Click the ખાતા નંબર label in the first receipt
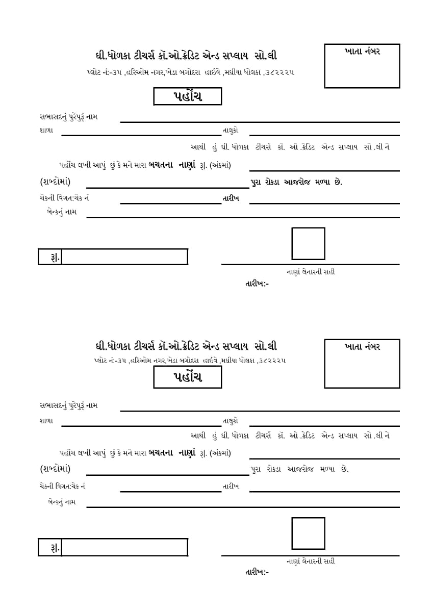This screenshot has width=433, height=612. [362, 51]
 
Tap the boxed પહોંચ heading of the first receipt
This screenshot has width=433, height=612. [188, 96]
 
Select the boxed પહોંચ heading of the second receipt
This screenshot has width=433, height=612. [188, 377]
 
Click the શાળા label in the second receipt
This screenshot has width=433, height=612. [46, 421]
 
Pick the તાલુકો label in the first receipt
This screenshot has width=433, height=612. [231, 131]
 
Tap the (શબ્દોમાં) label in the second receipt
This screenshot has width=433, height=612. [55, 469]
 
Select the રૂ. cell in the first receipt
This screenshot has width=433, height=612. [50, 257]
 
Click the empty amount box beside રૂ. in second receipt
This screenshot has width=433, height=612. [124, 547]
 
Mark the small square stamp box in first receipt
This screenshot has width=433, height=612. [308, 244]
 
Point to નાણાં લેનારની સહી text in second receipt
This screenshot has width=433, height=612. [311, 562]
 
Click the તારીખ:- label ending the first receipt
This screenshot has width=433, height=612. [257, 283]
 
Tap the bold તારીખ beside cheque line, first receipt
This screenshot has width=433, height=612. [231, 198]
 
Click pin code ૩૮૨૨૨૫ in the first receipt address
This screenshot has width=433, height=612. [279, 72]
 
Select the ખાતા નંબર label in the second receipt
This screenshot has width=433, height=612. [362, 346]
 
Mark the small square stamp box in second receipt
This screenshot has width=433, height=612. [308, 533]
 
